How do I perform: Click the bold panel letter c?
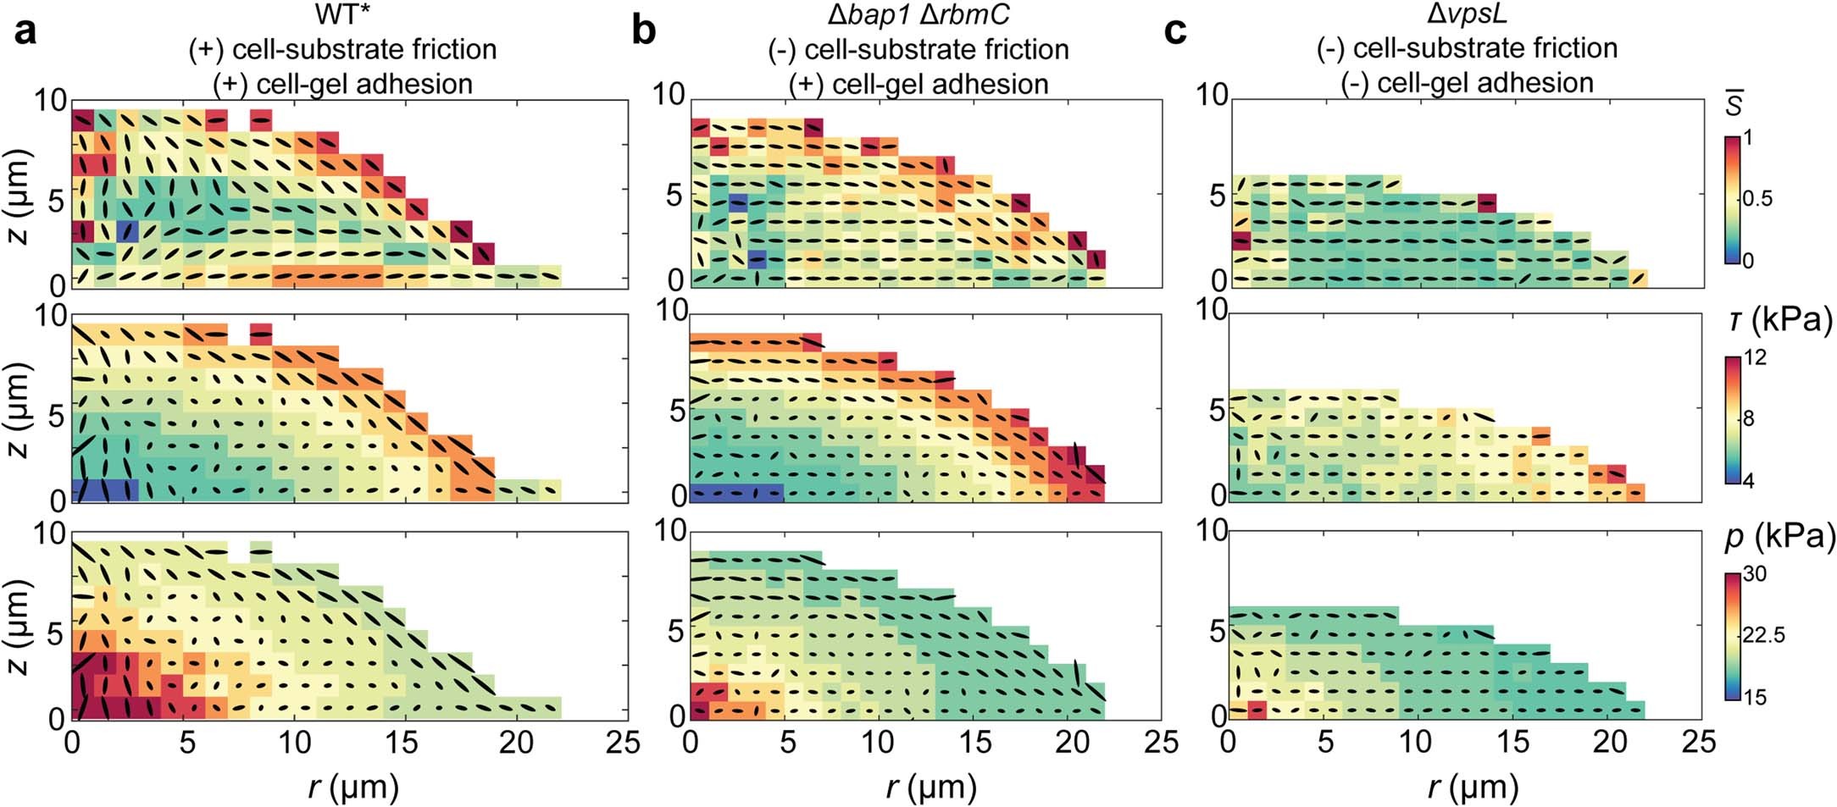pyautogui.click(x=1175, y=32)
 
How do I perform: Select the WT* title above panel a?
pyautogui.click(x=342, y=14)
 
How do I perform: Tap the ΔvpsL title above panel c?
pyautogui.click(x=1467, y=13)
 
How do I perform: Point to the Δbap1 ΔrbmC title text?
pyautogui.click(x=918, y=14)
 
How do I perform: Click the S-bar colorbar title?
pyautogui.click(x=1734, y=107)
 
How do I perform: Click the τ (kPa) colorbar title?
pyautogui.click(x=1778, y=320)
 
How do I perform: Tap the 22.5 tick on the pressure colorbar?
pyautogui.click(x=1763, y=635)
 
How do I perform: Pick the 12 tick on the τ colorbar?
pyautogui.click(x=1755, y=358)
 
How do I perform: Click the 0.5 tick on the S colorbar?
pyautogui.click(x=1757, y=199)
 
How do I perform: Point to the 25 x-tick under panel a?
pyautogui.click(x=624, y=743)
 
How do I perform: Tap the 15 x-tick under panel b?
pyautogui.click(x=975, y=743)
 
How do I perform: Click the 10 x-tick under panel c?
pyautogui.click(x=1417, y=743)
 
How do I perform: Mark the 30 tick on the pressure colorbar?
pyautogui.click(x=1755, y=574)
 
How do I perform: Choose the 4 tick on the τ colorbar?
pyautogui.click(x=1749, y=481)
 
